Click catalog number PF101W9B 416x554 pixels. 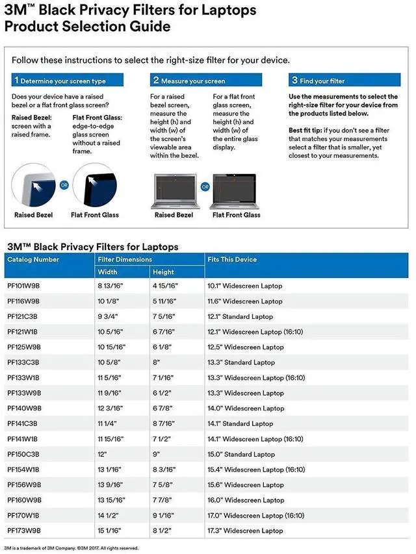pyautogui.click(x=23, y=286)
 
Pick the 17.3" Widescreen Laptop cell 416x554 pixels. pyautogui.click(x=245, y=531)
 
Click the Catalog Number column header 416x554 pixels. pyautogui.click(x=33, y=259)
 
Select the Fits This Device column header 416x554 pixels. pyautogui.click(x=232, y=259)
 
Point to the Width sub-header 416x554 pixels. pyautogui.click(x=108, y=272)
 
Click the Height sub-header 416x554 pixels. pyautogui.click(x=164, y=272)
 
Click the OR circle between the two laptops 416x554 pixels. pyautogui.click(x=205, y=186)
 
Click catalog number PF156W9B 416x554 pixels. pyautogui.click(x=23, y=485)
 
